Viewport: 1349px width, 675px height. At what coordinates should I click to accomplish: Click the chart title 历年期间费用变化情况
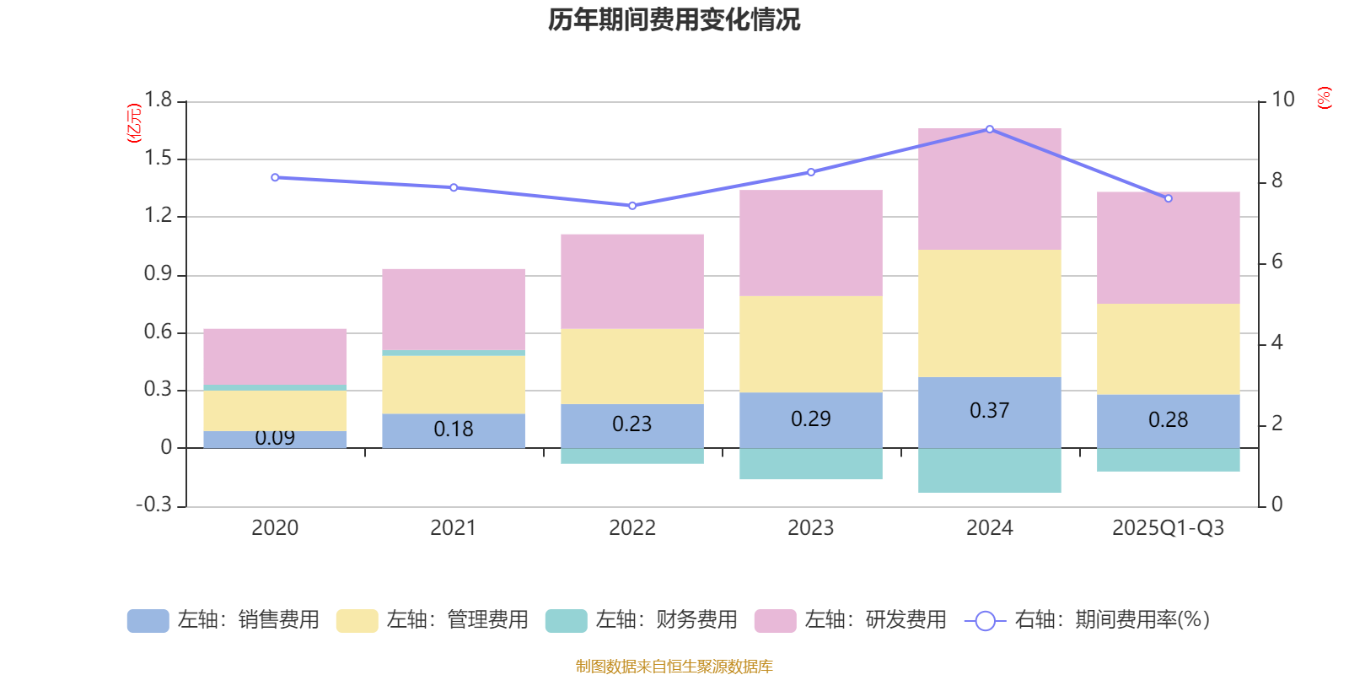coord(674,19)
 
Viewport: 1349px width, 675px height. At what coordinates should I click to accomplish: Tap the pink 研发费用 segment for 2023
coord(810,243)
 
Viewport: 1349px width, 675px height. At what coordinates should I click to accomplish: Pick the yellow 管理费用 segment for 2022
coord(632,366)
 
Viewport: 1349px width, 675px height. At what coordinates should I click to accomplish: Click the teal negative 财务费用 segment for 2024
coord(989,470)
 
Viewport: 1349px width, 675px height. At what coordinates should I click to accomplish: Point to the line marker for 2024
coord(989,129)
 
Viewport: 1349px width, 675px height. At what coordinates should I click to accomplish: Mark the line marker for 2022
coord(632,205)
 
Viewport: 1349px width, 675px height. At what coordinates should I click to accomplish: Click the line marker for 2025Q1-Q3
coord(1168,198)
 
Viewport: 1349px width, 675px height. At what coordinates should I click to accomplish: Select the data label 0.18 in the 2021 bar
coord(453,429)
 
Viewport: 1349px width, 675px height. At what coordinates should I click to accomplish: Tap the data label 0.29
coord(810,418)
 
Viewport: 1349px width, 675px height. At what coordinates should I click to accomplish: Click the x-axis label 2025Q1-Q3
coord(1168,527)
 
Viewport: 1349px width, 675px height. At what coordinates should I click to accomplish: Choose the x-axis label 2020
coord(275,527)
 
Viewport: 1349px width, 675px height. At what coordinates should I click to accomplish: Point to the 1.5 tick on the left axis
coord(158,158)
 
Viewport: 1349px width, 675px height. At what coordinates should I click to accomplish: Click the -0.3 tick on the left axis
coord(153,505)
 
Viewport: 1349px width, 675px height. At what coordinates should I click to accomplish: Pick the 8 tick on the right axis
coord(1276,181)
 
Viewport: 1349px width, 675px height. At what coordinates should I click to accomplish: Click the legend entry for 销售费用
coord(223,620)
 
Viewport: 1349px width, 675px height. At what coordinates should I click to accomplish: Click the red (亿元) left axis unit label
coord(133,123)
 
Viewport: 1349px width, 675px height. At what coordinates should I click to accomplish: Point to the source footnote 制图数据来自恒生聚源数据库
coord(674,667)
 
